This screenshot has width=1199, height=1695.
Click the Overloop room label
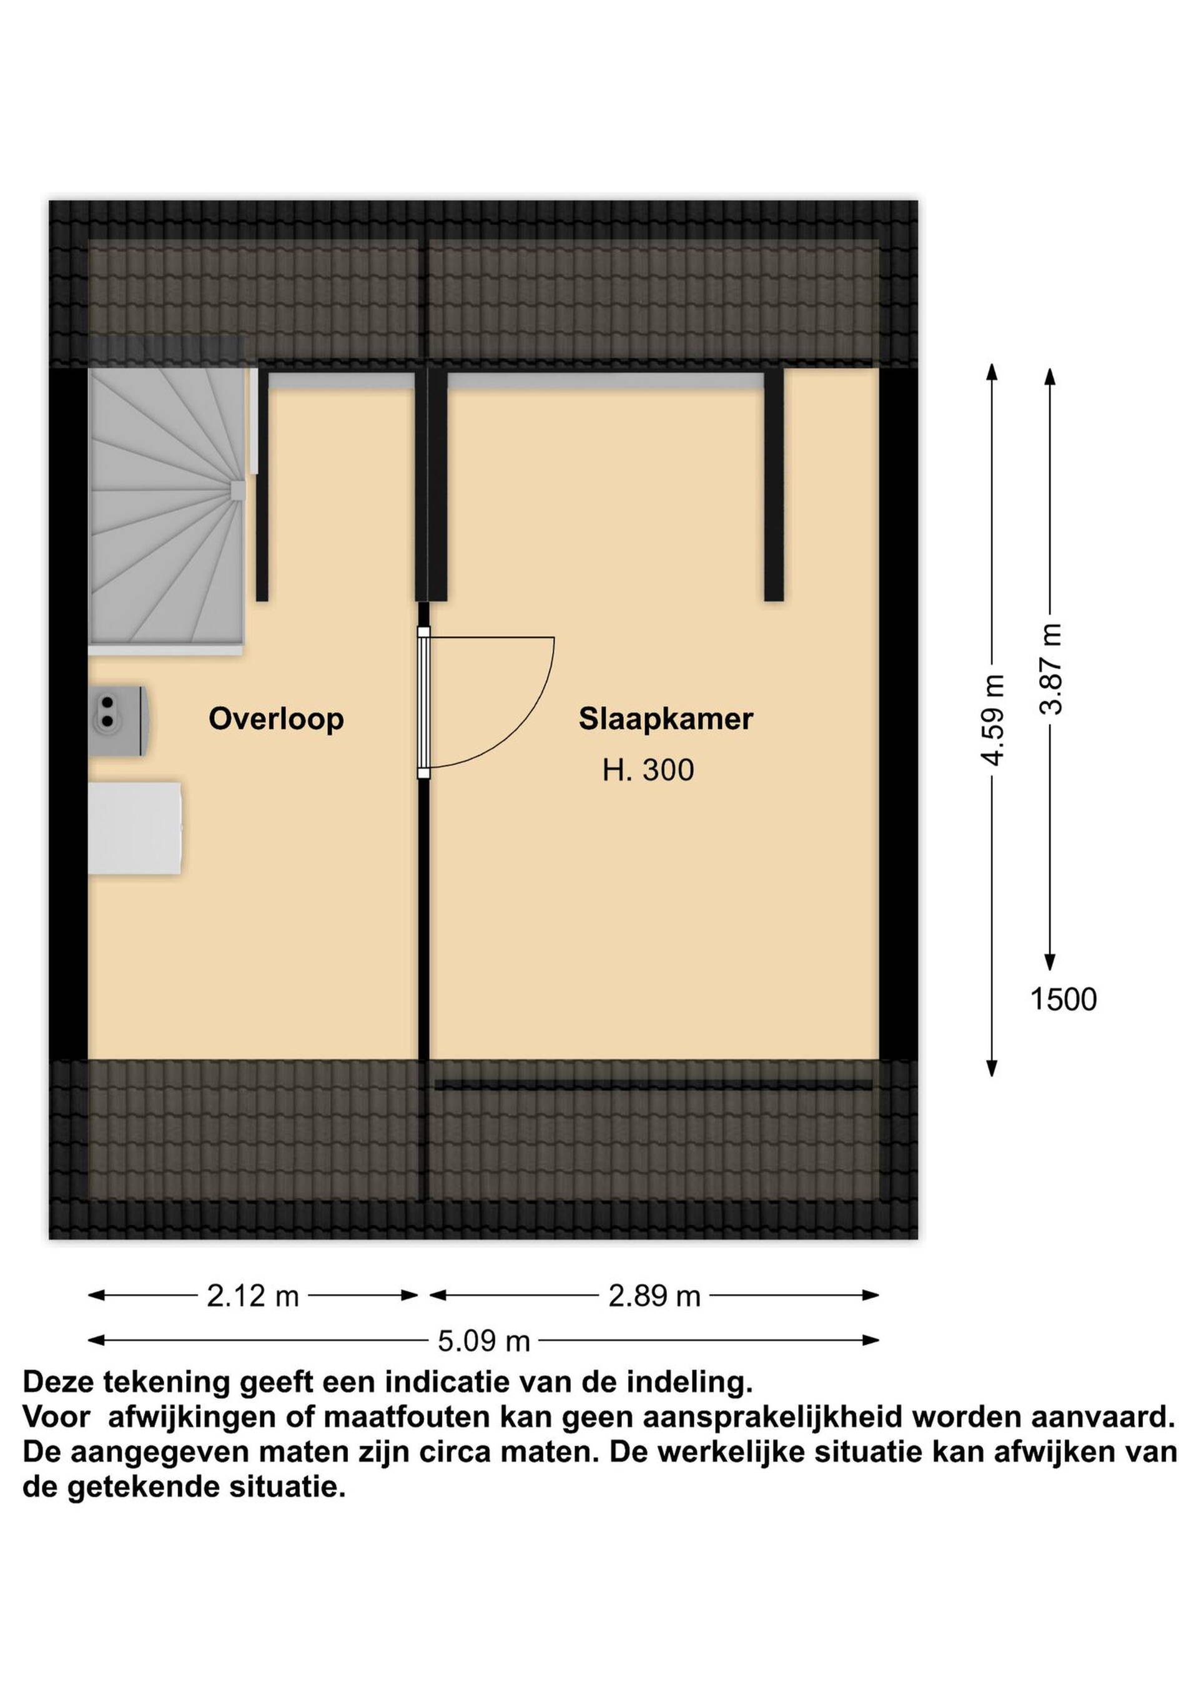[276, 719]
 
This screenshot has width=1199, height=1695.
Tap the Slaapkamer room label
[666, 719]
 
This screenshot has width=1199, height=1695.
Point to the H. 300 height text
[648, 771]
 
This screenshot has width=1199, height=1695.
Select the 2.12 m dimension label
[252, 1296]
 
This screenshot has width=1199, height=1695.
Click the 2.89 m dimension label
[654, 1296]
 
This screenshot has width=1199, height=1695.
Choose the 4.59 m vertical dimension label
[993, 720]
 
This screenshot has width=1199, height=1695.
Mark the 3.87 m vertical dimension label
[1050, 669]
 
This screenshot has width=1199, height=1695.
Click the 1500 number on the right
[1063, 1000]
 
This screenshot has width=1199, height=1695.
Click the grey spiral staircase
[167, 509]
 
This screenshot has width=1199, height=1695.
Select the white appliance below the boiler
[134, 828]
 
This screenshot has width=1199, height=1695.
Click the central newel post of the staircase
[238, 489]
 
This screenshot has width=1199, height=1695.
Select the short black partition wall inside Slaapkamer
[774, 485]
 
